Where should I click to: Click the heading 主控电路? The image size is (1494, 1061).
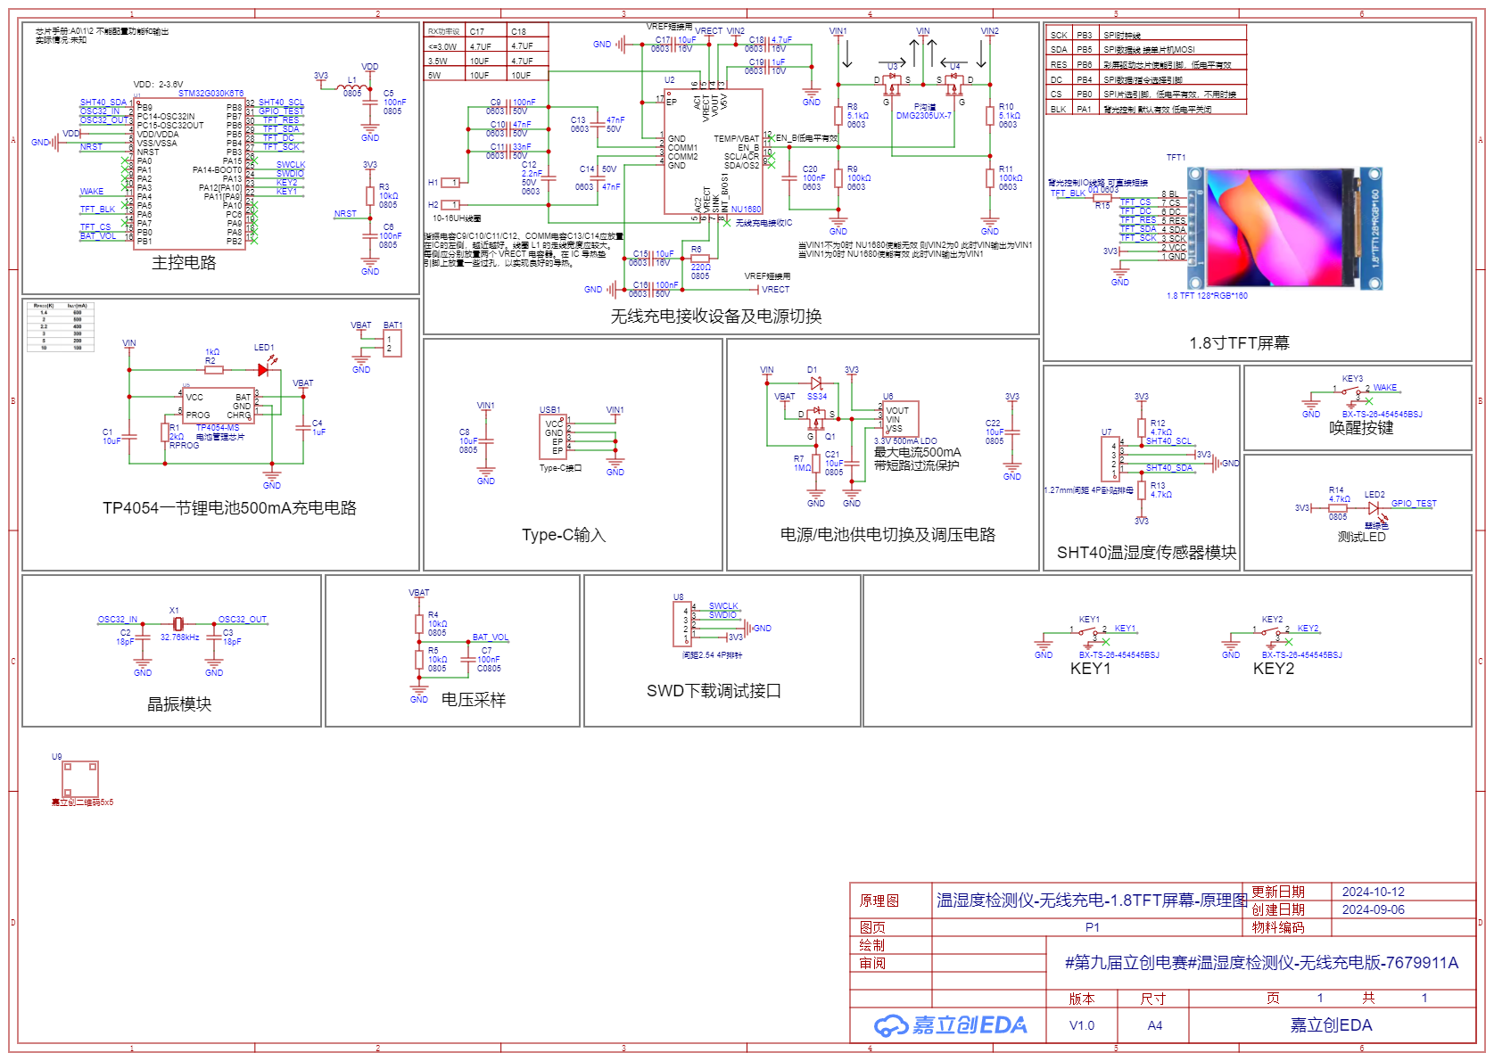184,263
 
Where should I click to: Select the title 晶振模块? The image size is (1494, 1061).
179,704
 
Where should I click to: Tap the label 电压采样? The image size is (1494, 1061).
474,701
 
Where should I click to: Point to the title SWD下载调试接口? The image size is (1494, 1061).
714,691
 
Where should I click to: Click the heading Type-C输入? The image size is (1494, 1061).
564,535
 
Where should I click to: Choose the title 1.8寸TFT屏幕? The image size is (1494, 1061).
1239,343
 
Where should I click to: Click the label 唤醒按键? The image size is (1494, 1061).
1361,428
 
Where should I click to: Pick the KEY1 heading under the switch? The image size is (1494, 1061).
1090,669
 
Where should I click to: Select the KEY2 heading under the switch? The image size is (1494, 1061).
1273,669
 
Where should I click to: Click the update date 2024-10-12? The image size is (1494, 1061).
1373,892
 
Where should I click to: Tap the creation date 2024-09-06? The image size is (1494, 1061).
1373,909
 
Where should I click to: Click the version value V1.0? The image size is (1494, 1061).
1081,1025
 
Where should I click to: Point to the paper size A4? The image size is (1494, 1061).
1154,1025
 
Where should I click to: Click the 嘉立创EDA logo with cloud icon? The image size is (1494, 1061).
951,1025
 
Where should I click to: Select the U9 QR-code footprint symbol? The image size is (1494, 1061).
80,778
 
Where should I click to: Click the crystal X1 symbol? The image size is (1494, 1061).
177,623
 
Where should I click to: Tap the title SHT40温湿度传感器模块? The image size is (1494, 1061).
1146,553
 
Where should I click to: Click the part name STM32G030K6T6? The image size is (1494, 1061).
210,94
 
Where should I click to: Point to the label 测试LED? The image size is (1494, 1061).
1361,537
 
